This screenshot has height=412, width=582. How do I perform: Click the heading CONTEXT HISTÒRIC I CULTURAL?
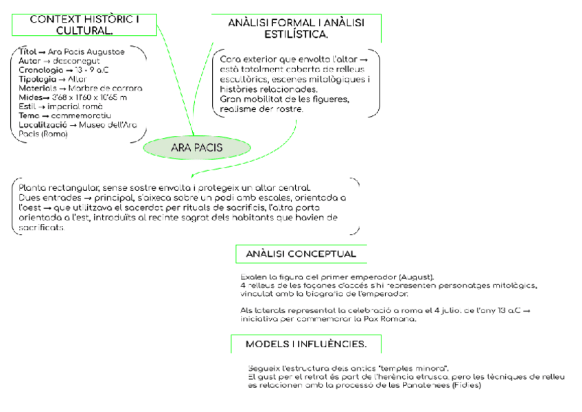[84, 25]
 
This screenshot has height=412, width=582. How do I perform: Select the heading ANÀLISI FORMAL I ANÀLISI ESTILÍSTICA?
[296, 28]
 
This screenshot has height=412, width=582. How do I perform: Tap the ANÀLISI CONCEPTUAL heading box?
[301, 254]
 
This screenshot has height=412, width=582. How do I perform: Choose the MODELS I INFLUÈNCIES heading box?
[305, 343]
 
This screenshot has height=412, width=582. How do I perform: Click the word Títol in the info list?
[27, 51]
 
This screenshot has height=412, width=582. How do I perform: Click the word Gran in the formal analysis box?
[231, 100]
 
